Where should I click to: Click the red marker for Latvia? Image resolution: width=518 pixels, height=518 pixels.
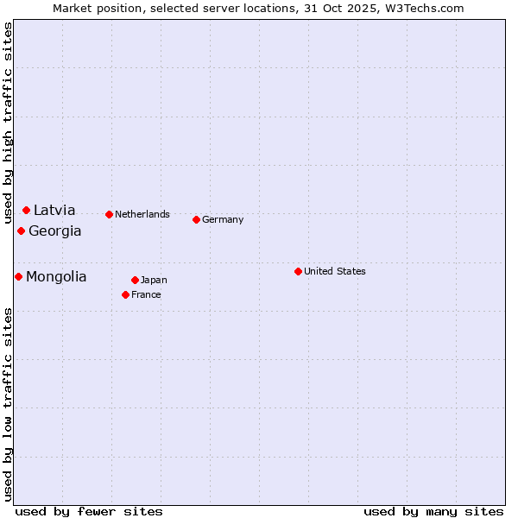pos(27,210)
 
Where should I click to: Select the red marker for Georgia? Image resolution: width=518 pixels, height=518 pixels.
pos(22,231)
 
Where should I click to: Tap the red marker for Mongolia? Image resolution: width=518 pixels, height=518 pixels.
pos(19,276)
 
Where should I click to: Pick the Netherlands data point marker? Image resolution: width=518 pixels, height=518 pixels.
pos(109,214)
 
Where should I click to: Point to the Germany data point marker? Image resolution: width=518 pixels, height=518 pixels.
pos(197,219)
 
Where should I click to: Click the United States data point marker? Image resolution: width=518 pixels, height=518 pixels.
pos(299,271)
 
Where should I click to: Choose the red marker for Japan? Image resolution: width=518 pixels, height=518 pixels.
pos(136,280)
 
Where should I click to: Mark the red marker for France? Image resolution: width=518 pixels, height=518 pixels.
pos(126,294)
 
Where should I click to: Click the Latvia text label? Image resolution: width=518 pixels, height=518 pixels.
pos(54,210)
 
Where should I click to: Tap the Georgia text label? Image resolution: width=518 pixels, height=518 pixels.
pos(55,231)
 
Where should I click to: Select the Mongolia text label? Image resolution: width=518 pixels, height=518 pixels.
pos(56,276)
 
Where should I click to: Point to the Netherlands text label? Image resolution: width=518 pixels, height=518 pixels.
pos(142,214)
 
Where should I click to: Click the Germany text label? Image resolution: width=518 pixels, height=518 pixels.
pos(223,219)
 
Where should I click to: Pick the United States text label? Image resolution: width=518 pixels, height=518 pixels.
pos(335,271)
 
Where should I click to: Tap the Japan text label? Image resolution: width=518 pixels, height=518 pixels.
pos(154,280)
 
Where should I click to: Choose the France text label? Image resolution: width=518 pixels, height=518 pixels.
pos(146,294)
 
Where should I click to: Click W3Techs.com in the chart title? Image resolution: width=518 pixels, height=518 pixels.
pos(425,8)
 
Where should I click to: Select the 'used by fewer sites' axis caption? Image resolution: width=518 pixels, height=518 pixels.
pos(89,511)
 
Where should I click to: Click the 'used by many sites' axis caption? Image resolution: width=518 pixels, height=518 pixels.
pos(433,511)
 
